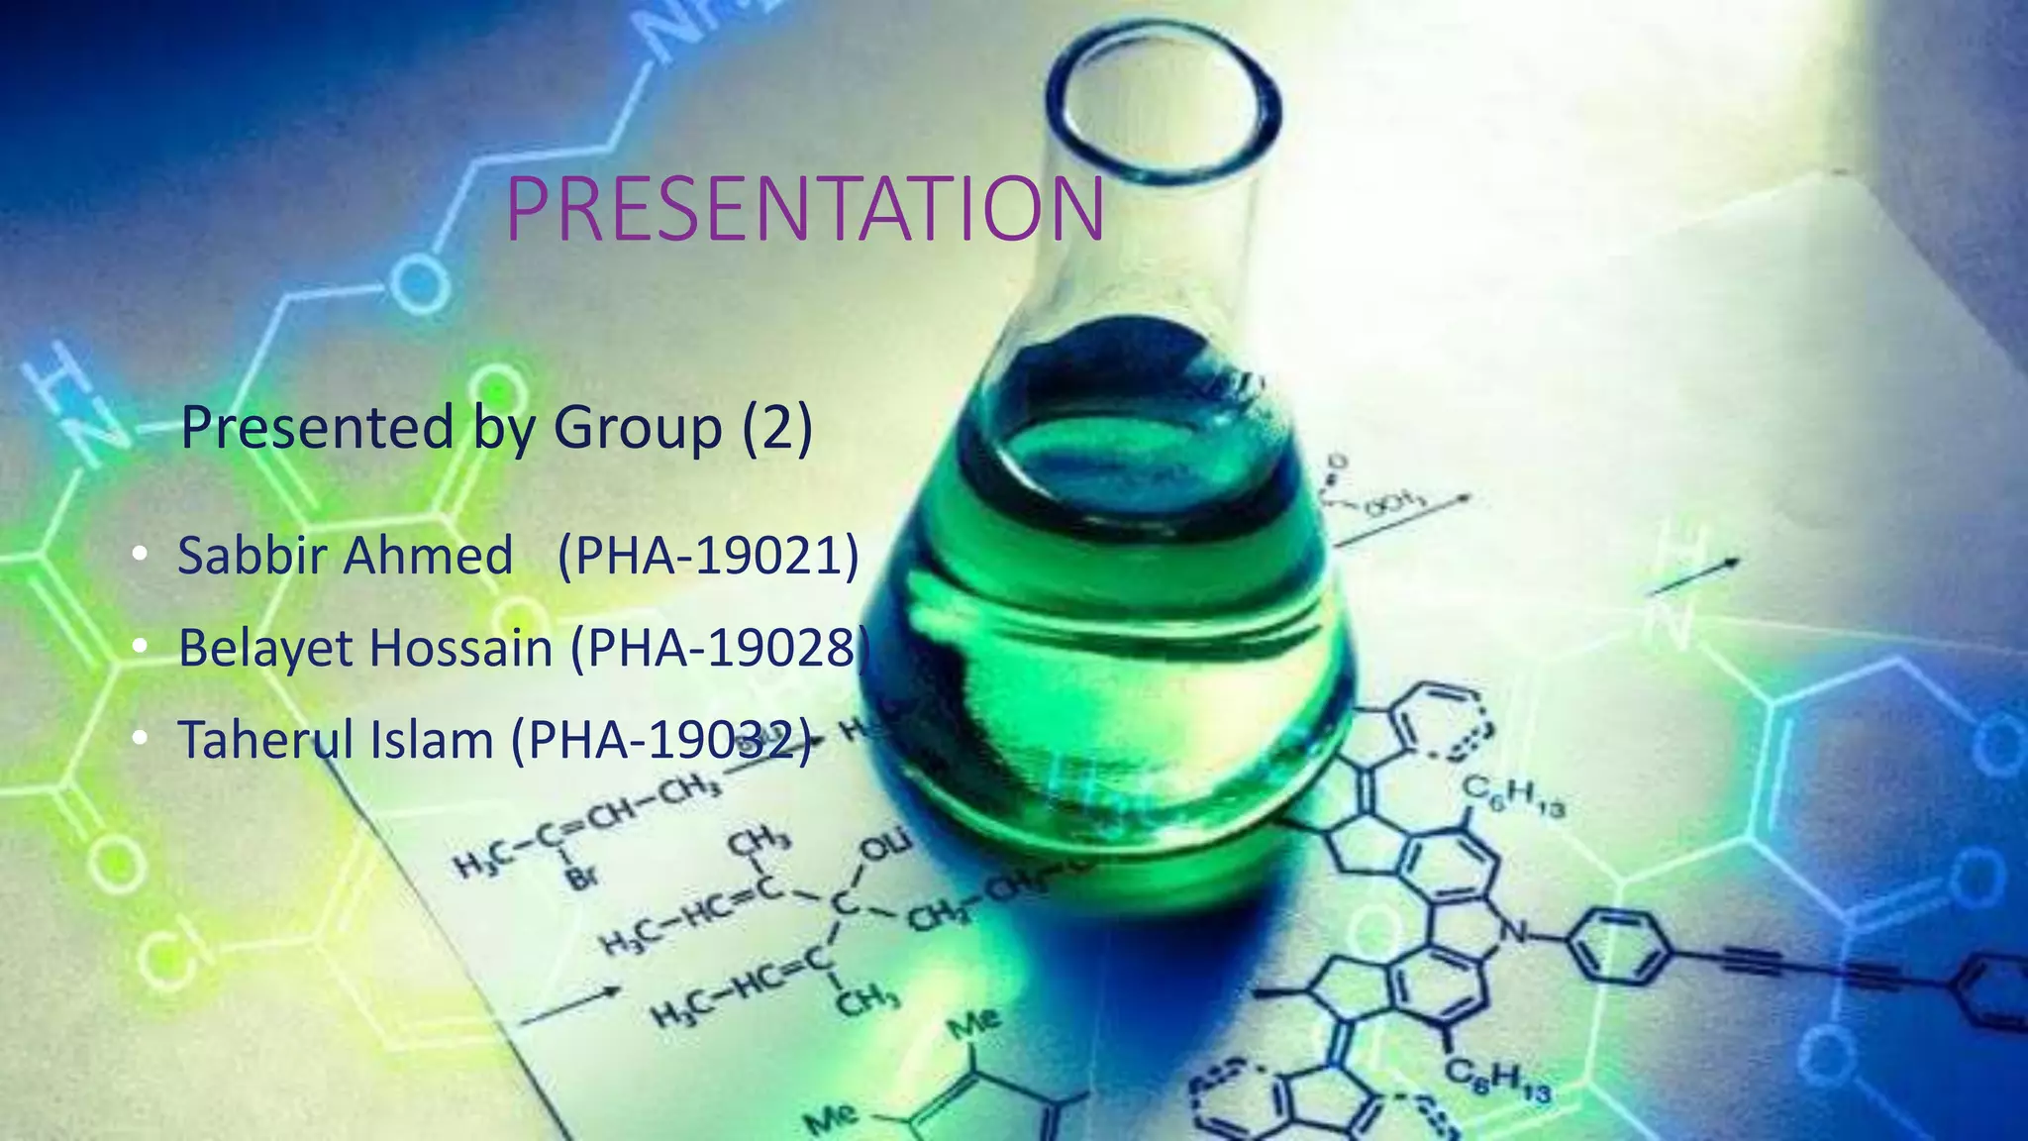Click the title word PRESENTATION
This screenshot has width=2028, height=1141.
(x=804, y=209)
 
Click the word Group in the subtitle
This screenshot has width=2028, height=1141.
(x=638, y=428)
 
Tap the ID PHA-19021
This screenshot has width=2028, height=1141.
(x=708, y=555)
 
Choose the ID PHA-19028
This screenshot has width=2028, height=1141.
(x=721, y=649)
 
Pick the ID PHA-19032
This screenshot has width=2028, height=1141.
(x=661, y=740)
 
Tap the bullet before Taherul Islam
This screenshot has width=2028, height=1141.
(x=140, y=739)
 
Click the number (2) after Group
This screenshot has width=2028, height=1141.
(x=777, y=428)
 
